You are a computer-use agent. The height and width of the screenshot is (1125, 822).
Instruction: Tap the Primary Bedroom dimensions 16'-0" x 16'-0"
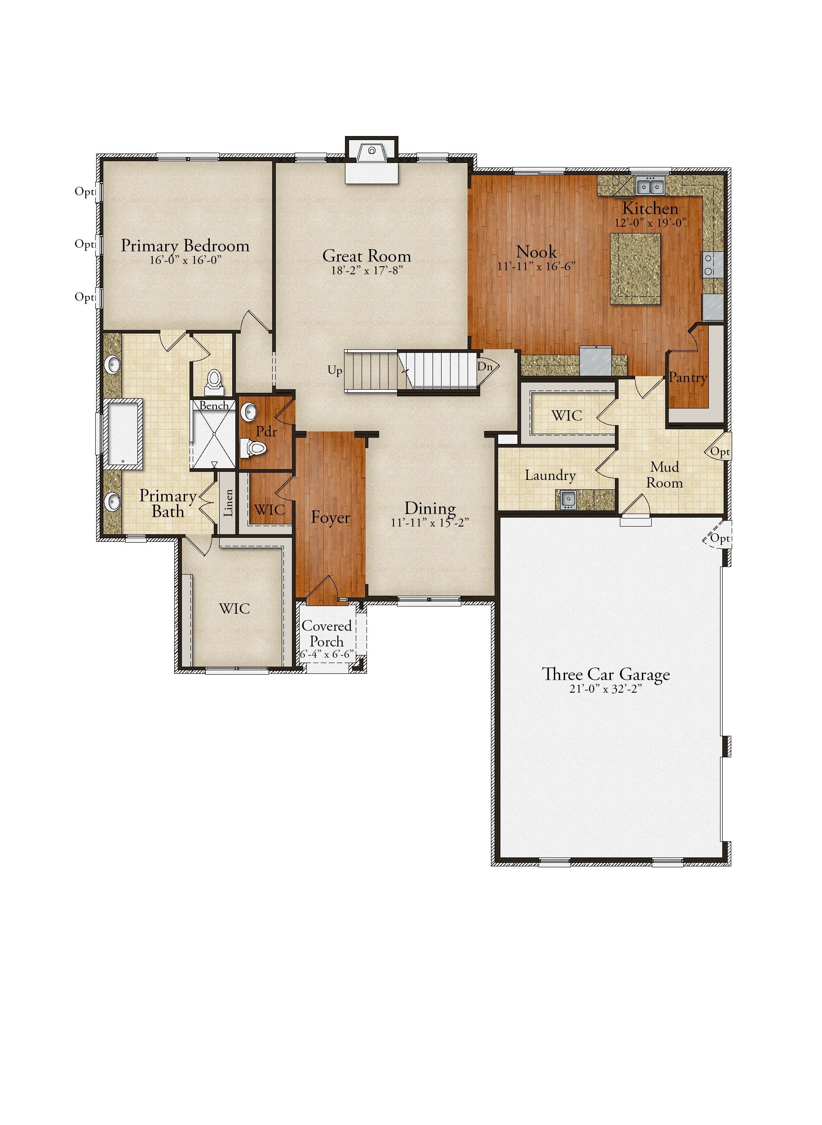point(185,260)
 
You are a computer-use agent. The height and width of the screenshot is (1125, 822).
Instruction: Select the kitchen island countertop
point(636,268)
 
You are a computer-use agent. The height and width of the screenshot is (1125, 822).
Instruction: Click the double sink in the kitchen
point(650,186)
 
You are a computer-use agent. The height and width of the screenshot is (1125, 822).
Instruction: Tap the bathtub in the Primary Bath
point(123,434)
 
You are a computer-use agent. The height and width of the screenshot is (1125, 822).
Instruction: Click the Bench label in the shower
point(214,406)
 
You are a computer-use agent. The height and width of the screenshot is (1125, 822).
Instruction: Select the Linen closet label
point(228,503)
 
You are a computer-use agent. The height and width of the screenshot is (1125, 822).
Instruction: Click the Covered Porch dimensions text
point(327,654)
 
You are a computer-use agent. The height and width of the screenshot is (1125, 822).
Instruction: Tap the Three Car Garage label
point(605,675)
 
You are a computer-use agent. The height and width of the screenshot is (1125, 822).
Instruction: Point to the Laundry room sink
point(567,499)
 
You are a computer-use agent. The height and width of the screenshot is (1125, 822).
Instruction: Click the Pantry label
point(688,378)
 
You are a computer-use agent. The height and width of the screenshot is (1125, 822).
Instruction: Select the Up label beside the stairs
point(335,370)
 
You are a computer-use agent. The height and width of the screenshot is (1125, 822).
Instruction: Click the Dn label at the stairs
point(485,366)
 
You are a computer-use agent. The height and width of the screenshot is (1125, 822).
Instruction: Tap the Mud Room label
point(665,475)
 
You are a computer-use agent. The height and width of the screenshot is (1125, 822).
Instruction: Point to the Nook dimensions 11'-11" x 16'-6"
point(536,266)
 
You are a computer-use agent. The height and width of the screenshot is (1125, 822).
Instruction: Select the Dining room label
point(430,508)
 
